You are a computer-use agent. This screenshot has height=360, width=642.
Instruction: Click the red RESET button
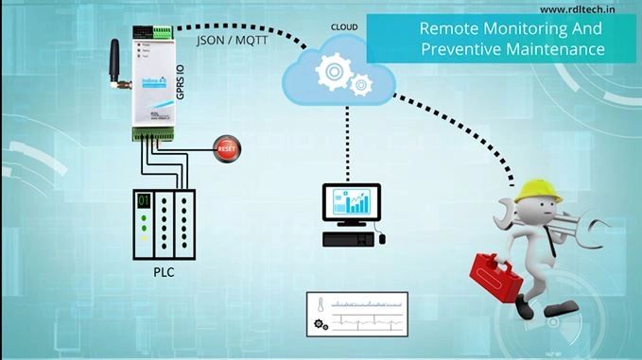click(x=227, y=148)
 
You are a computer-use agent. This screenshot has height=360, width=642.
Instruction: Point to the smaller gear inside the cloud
click(x=360, y=87)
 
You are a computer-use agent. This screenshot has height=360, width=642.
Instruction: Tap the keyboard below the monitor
click(x=344, y=238)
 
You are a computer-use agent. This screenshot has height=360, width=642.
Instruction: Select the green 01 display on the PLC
click(x=144, y=200)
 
